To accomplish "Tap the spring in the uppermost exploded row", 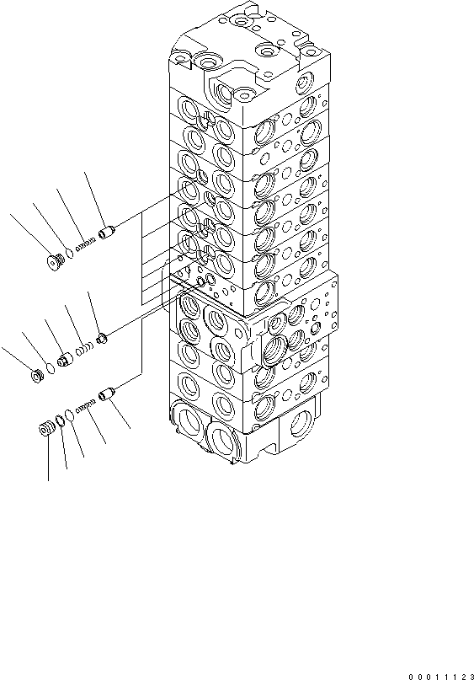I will tap(86, 245).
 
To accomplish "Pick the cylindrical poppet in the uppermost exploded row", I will tap(106, 233).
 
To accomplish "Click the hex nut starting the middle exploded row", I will tap(37, 375).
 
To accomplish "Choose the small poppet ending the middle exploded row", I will tap(101, 338).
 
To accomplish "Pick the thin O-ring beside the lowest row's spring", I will tap(69, 415).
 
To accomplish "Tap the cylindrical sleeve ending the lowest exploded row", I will tap(106, 393).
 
